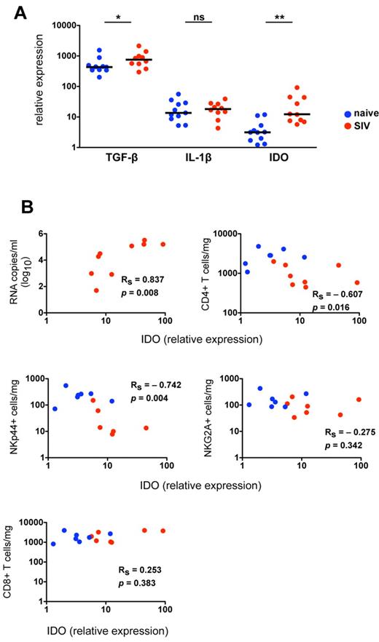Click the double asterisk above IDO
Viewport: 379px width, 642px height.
tap(277, 14)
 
